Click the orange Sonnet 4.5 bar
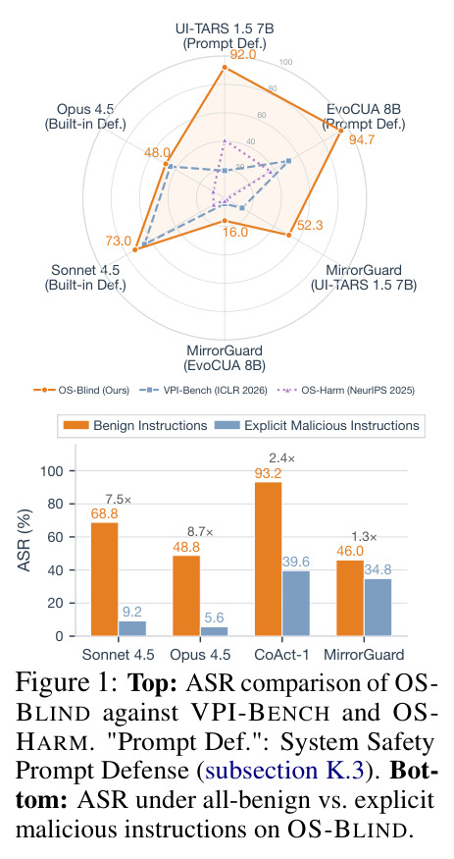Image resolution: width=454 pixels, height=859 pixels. (x=105, y=579)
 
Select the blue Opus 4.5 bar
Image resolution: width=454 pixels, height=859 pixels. (x=214, y=631)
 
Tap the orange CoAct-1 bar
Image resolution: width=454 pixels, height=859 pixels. (x=268, y=560)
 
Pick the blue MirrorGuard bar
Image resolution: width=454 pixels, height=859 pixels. (x=378, y=608)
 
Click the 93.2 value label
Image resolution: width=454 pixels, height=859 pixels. (x=268, y=473)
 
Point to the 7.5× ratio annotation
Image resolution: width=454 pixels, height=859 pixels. (x=118, y=499)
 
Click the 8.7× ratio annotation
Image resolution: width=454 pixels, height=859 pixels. (x=200, y=531)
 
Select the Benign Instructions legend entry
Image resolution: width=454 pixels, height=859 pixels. (x=135, y=426)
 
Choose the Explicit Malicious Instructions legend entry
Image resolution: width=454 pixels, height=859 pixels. (x=318, y=426)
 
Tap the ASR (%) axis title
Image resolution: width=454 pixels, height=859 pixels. (x=25, y=540)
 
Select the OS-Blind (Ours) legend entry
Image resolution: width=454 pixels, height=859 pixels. (x=81, y=391)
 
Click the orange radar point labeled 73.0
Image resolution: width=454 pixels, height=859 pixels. (x=134, y=249)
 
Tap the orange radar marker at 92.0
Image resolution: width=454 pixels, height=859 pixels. (x=225, y=68)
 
